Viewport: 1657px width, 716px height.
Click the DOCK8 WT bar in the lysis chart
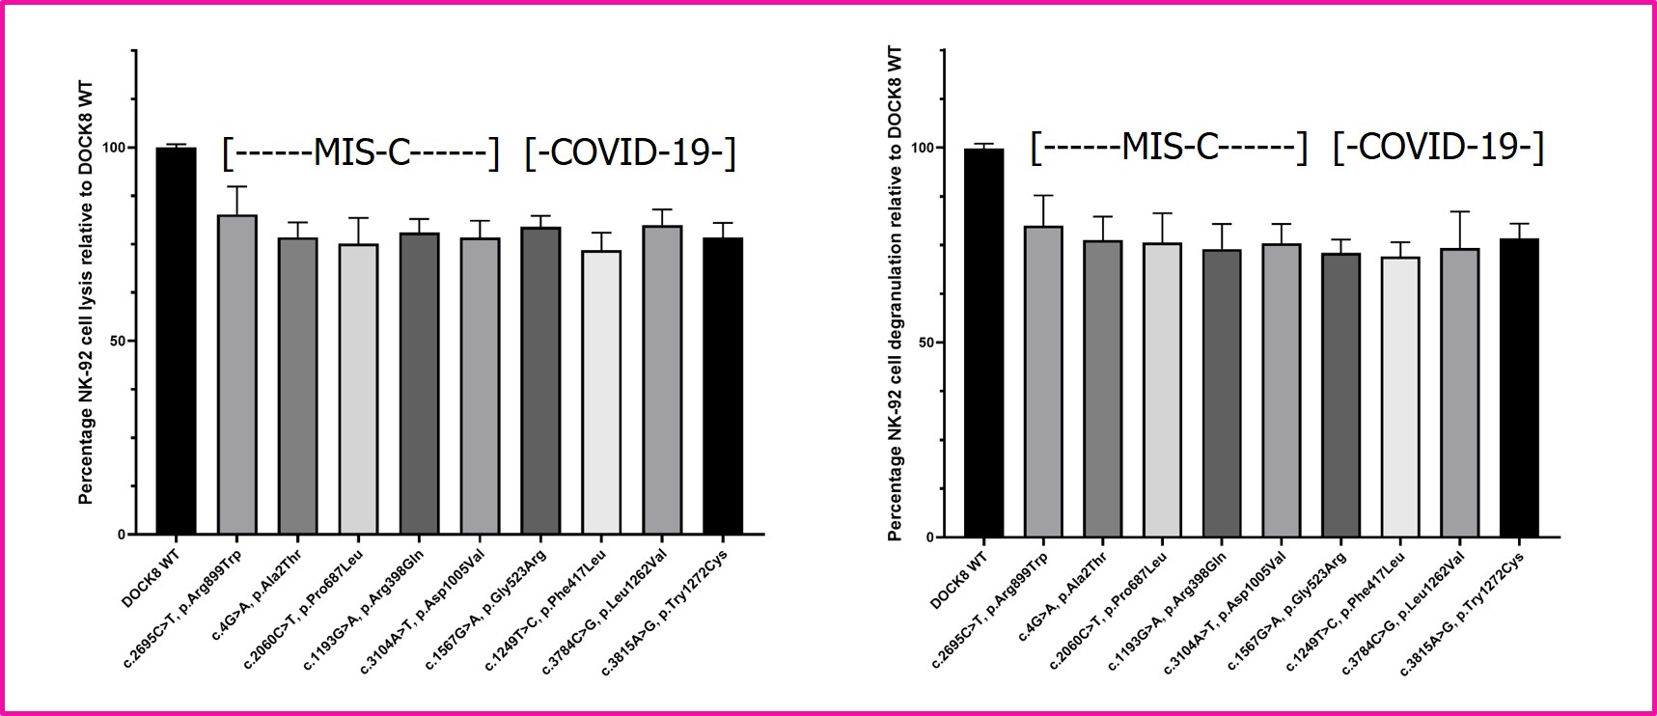tap(176, 340)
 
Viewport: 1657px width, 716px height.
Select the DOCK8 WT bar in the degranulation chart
tap(983, 343)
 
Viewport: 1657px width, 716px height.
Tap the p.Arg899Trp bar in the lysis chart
tap(236, 374)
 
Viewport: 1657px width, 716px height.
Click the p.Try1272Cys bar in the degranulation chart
tap(1519, 387)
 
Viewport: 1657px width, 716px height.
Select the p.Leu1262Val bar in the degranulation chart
tap(1459, 392)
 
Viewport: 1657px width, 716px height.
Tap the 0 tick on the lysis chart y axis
tap(122, 534)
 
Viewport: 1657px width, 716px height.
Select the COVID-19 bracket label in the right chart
tap(1438, 147)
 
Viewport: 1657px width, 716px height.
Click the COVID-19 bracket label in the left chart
tap(630, 152)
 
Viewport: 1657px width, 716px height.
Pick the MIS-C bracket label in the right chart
tap(1169, 147)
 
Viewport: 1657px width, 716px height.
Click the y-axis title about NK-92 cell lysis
tap(86, 292)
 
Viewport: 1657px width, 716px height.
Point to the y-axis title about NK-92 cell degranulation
tap(895, 292)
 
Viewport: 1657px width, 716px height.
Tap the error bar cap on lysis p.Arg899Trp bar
tap(236, 186)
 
